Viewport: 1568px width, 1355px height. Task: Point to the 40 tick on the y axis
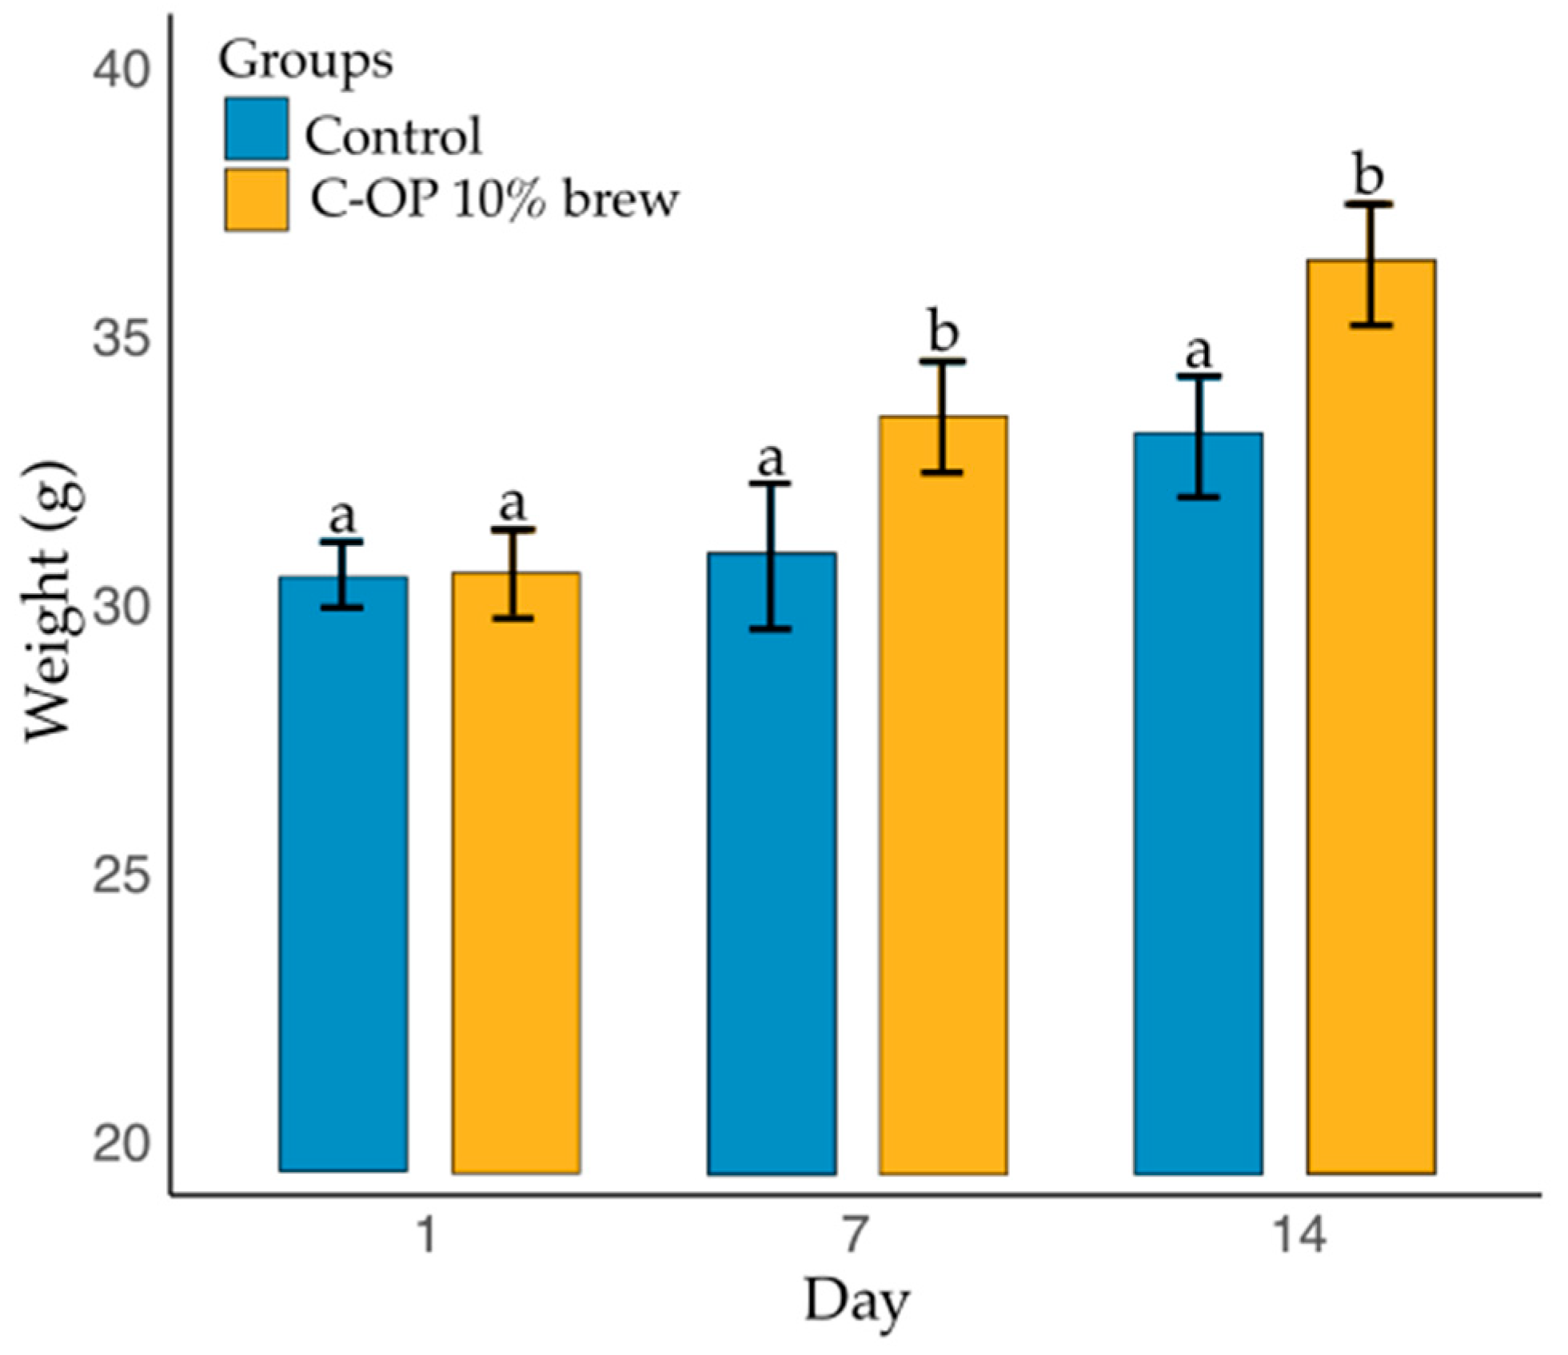(x=121, y=70)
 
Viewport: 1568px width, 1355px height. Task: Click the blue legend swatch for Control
(x=256, y=129)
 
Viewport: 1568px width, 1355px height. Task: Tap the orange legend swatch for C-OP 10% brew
(x=256, y=199)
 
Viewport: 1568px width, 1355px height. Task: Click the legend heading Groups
(x=306, y=61)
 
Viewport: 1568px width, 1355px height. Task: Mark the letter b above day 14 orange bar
(x=1370, y=175)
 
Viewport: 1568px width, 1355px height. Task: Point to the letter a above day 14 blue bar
(x=1199, y=351)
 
